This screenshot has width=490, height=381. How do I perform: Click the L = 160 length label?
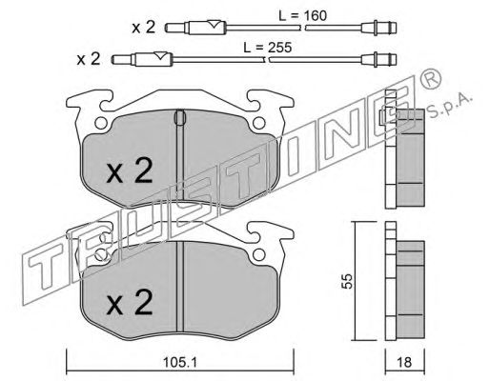pyautogui.click(x=302, y=15)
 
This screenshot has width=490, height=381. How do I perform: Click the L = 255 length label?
pyautogui.click(x=267, y=48)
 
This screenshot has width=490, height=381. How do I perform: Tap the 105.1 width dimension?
pyautogui.click(x=180, y=362)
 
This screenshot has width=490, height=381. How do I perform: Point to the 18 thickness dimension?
pyautogui.click(x=404, y=362)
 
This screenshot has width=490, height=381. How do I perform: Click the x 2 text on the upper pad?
pyautogui.click(x=130, y=171)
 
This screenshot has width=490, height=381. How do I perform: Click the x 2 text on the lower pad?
pyautogui.click(x=130, y=302)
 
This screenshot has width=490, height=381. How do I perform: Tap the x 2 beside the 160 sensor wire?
pyautogui.click(x=144, y=28)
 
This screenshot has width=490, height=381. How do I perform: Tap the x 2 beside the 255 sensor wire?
pyautogui.click(x=89, y=59)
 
